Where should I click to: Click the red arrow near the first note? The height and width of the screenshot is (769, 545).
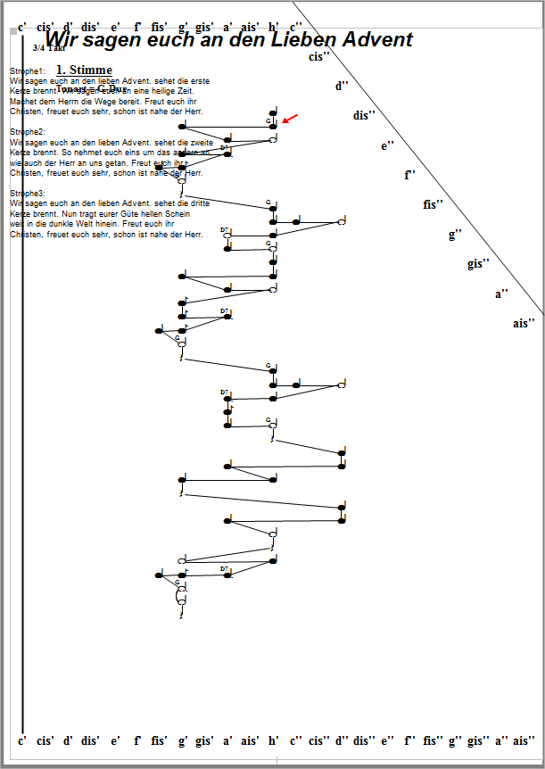pyautogui.click(x=291, y=118)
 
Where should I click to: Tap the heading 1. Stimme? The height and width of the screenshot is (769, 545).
pyautogui.click(x=84, y=70)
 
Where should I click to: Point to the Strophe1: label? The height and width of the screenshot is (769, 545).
pyautogui.click(x=28, y=70)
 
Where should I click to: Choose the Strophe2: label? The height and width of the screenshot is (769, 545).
pyautogui.click(x=28, y=131)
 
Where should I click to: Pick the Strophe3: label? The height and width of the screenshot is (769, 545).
pyautogui.click(x=28, y=193)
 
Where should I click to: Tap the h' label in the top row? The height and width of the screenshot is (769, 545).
pyautogui.click(x=274, y=28)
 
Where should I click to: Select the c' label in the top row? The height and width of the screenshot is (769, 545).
pyautogui.click(x=22, y=28)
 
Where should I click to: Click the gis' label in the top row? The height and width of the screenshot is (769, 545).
pyautogui.click(x=204, y=28)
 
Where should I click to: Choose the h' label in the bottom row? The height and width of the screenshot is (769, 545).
pyautogui.click(x=274, y=740)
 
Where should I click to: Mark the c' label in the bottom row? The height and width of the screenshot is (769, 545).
pyautogui.click(x=22, y=740)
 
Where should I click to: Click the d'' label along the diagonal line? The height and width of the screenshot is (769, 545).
pyautogui.click(x=343, y=86)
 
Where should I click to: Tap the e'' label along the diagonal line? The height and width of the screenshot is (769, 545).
pyautogui.click(x=387, y=145)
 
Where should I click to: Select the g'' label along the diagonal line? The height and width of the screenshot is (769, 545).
pyautogui.click(x=456, y=234)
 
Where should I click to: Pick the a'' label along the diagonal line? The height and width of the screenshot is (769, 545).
pyautogui.click(x=502, y=293)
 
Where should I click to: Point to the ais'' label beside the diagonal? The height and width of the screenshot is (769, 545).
pyautogui.click(x=524, y=323)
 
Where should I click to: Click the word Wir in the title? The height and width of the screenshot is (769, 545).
pyautogui.click(x=62, y=39)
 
